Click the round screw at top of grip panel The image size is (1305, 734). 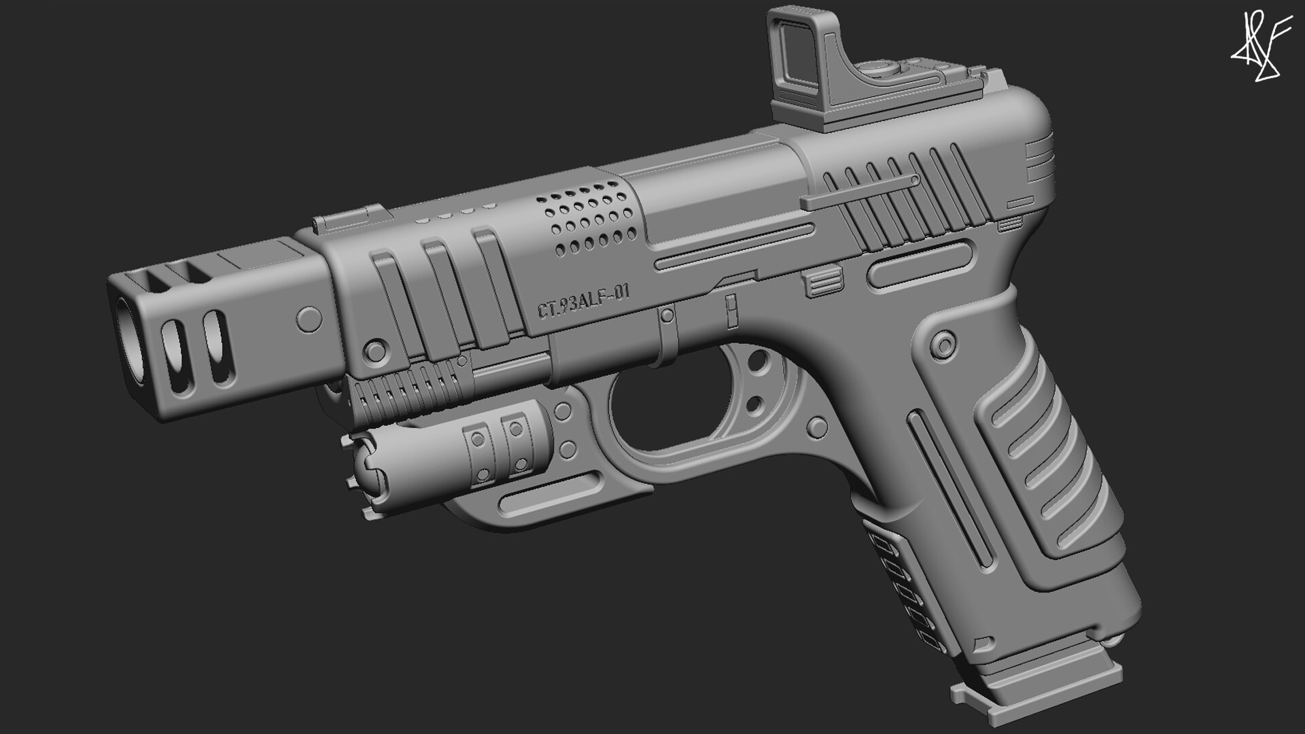click(x=942, y=344)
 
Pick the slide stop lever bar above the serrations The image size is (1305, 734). click(x=860, y=192)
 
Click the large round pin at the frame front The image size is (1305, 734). click(x=373, y=349)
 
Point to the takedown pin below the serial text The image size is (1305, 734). click(x=667, y=315)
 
